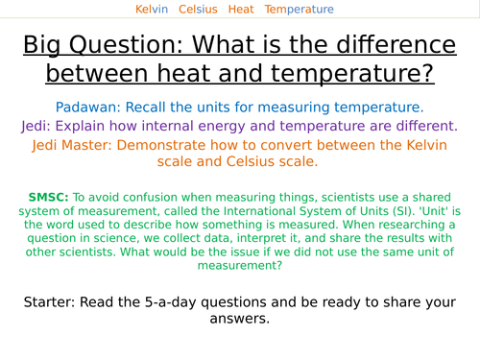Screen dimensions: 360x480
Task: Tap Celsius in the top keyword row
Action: (198, 10)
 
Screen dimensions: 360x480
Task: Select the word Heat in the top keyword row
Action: (242, 10)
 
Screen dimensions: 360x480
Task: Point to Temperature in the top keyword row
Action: (300, 10)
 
